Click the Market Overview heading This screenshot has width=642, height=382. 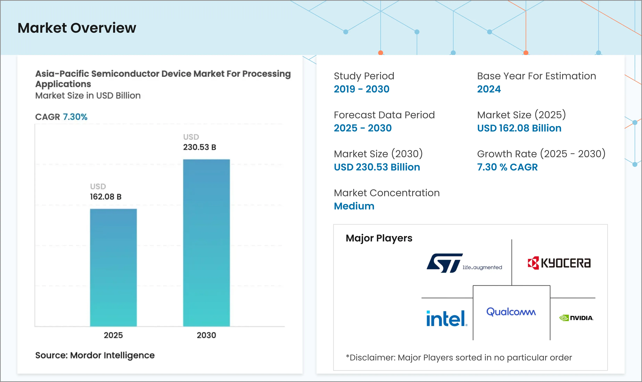tap(77, 28)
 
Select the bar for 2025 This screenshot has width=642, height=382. tap(113, 268)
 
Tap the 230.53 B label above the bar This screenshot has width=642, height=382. tap(199, 147)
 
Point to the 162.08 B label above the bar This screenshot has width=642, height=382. tap(106, 197)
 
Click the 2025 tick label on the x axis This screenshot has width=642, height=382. tap(113, 335)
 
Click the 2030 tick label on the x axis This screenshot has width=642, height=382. tap(206, 335)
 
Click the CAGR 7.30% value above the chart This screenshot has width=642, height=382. tap(75, 117)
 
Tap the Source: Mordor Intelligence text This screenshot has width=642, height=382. tap(95, 355)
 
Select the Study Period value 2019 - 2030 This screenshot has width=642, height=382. tap(362, 89)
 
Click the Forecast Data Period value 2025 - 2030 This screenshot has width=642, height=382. tap(363, 128)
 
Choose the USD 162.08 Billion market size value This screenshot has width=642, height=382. tap(519, 128)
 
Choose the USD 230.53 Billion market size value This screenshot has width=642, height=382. tap(377, 167)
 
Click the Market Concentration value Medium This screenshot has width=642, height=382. tap(354, 206)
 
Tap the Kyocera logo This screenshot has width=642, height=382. tap(559, 263)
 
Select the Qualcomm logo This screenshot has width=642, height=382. tap(511, 312)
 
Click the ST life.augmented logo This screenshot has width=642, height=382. tap(464, 263)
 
